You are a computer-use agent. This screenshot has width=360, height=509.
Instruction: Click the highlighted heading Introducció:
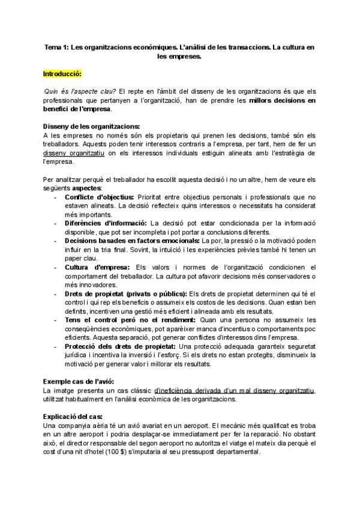pyautogui.click(x=62, y=74)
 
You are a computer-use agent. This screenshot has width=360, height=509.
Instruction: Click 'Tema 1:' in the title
pyautogui.click(x=57, y=46)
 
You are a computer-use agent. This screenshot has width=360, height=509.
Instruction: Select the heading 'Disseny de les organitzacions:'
pyautogui.click(x=91, y=127)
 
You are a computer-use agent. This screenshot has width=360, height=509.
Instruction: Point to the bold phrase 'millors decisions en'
pyautogui.click(x=281, y=101)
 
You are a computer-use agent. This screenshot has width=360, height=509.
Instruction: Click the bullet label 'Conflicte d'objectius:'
pyautogui.click(x=99, y=196)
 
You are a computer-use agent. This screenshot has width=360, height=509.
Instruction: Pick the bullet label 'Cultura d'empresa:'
pyautogui.click(x=96, y=267)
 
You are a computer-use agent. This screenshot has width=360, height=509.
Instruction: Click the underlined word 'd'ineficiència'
pyautogui.click(x=175, y=390)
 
